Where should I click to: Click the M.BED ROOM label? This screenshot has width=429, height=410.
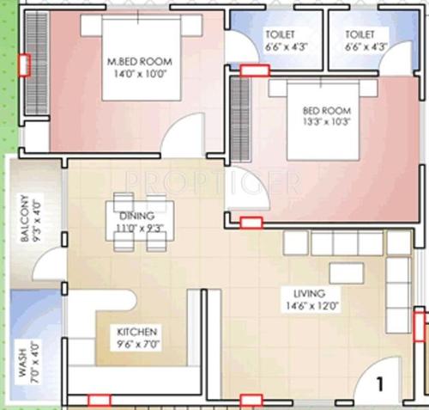pos(140,62)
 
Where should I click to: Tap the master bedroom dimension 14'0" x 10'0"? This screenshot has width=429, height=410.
pos(140,74)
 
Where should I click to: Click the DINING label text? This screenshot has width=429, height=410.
pos(137,216)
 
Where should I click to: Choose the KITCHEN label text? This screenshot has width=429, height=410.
pos(137,331)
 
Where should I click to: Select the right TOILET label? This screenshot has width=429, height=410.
pos(361,34)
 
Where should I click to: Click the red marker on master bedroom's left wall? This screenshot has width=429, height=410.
pos(26,65)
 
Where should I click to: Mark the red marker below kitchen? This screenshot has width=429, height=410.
pos(99,400)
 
